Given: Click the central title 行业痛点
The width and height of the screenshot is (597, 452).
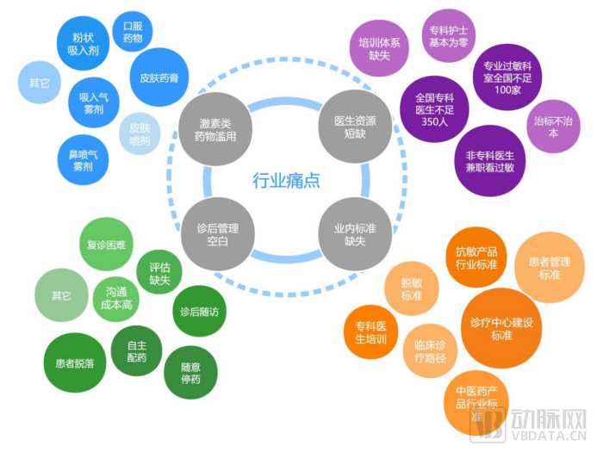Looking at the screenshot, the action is coord(286,180).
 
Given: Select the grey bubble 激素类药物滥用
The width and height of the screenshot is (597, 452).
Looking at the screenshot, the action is coord(215,129).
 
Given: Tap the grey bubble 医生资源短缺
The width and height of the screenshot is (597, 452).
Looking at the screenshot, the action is coord(355,127).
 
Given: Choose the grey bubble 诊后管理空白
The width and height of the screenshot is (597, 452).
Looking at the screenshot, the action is coord(217,234).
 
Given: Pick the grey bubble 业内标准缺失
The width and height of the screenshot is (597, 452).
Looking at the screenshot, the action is coord(355,234).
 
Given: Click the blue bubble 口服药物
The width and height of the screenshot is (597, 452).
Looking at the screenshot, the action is coord(133,32).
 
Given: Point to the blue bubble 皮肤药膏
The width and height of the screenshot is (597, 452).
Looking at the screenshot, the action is coord(159,77).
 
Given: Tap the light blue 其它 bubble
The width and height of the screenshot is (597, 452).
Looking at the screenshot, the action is coord(40,82).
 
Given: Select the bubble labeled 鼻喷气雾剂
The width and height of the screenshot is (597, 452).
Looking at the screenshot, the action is coord(83,160).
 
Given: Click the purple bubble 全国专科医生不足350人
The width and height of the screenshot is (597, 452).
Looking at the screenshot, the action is coord(434,109).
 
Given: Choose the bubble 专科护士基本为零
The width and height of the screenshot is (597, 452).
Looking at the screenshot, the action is coord(449,36).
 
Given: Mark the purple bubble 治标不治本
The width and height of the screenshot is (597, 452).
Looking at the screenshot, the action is coord(553,127).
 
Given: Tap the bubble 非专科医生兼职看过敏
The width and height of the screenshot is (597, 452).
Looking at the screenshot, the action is coord(489,161).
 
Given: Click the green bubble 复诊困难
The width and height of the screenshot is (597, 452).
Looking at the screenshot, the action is coord(106,245).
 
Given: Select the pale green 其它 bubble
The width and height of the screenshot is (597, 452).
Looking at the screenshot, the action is coord(61,295).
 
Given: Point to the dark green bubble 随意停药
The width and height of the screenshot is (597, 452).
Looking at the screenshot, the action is coord(190,373).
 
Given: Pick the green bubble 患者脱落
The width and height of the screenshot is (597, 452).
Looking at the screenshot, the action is coord(75,363).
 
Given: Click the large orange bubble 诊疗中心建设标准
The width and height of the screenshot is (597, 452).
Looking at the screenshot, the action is coord(501,328).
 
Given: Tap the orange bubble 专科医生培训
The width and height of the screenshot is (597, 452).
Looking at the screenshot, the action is coord(370,332).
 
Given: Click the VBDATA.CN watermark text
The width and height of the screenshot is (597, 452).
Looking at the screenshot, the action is coord(548,436).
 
